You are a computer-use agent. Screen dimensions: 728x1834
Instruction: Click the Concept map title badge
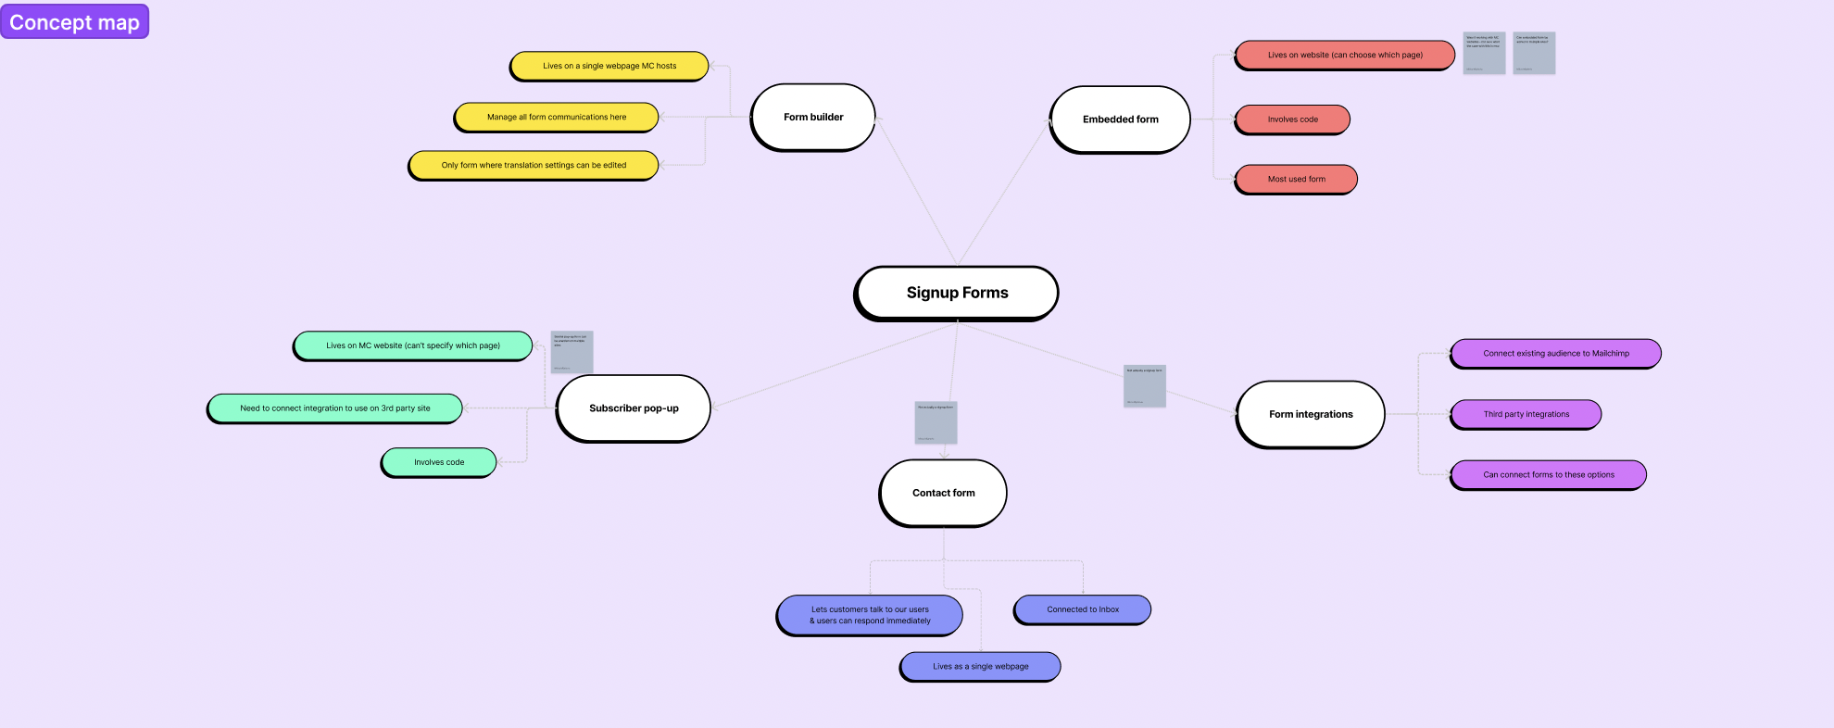click(74, 21)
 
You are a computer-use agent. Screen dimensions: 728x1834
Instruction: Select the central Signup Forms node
click(956, 293)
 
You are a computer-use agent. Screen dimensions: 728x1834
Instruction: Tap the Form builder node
click(812, 118)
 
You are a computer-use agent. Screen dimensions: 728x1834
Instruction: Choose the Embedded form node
click(1120, 119)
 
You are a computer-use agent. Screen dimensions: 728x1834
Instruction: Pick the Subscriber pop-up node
click(634, 408)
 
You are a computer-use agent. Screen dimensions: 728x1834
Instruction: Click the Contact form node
click(943, 493)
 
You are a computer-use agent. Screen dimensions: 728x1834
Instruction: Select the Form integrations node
click(1310, 414)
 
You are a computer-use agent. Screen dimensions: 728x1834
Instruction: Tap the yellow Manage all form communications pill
click(556, 118)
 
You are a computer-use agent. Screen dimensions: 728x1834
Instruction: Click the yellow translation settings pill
click(533, 166)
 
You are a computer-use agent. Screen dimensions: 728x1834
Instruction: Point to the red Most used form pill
click(1296, 180)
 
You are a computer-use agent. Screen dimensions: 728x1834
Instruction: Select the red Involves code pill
click(1292, 119)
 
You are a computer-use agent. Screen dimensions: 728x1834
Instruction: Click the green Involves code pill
click(439, 462)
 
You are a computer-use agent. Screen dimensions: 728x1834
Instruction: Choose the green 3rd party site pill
click(334, 408)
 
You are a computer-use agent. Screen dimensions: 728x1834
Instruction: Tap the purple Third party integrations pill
click(1526, 414)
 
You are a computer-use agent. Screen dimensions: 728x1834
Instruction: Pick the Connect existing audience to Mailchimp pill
click(1555, 354)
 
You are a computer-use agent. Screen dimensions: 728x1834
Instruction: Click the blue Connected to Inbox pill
click(1082, 609)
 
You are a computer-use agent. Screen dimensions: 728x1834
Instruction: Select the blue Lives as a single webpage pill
click(980, 666)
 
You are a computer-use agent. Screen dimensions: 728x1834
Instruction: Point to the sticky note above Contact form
click(936, 422)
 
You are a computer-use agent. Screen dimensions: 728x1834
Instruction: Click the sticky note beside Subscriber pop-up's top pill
click(572, 352)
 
